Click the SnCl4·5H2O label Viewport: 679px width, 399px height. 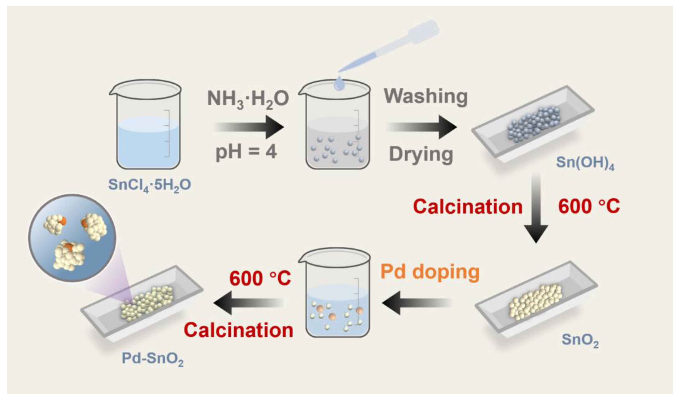150,185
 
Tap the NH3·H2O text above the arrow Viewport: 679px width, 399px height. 248,98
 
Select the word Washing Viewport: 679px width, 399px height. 426,96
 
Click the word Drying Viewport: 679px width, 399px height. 421,154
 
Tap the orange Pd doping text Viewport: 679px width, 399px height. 430,272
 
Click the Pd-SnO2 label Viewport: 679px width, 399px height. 152,358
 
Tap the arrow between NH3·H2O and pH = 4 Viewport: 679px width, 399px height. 249,127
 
